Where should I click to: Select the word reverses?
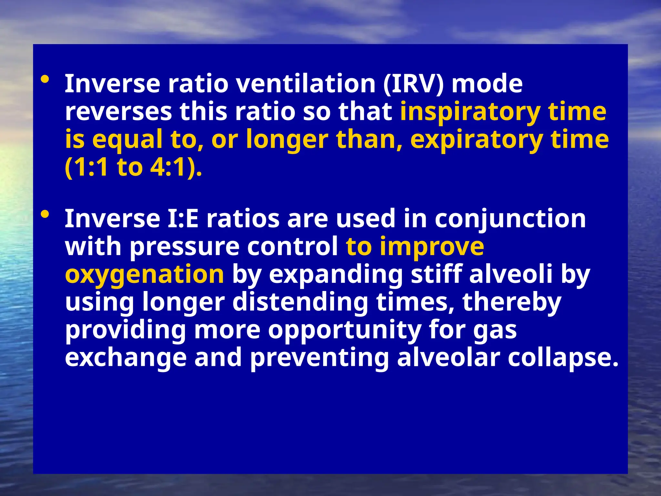coord(118,111)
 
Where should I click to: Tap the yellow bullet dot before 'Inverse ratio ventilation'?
coord(45,79)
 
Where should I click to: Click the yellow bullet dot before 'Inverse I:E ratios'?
coord(45,214)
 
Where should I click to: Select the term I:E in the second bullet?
coord(183,219)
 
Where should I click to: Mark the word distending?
coord(300,302)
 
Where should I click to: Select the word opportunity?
coord(344,330)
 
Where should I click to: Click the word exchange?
coord(126,357)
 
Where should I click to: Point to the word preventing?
coord(320,357)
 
